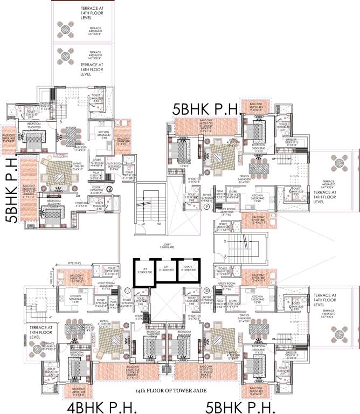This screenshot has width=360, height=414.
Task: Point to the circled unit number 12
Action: pos(109,189)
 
